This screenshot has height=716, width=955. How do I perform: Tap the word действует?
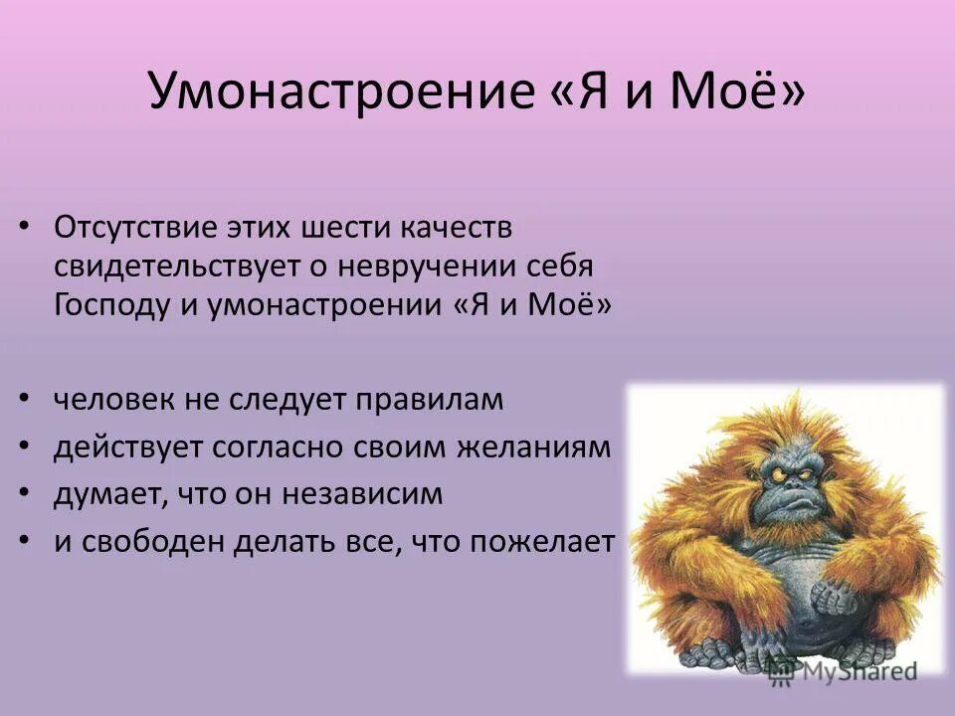126,447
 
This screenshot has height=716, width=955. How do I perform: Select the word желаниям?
532,447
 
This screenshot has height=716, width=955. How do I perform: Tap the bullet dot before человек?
24,401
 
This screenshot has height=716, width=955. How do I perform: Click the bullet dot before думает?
24,494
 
